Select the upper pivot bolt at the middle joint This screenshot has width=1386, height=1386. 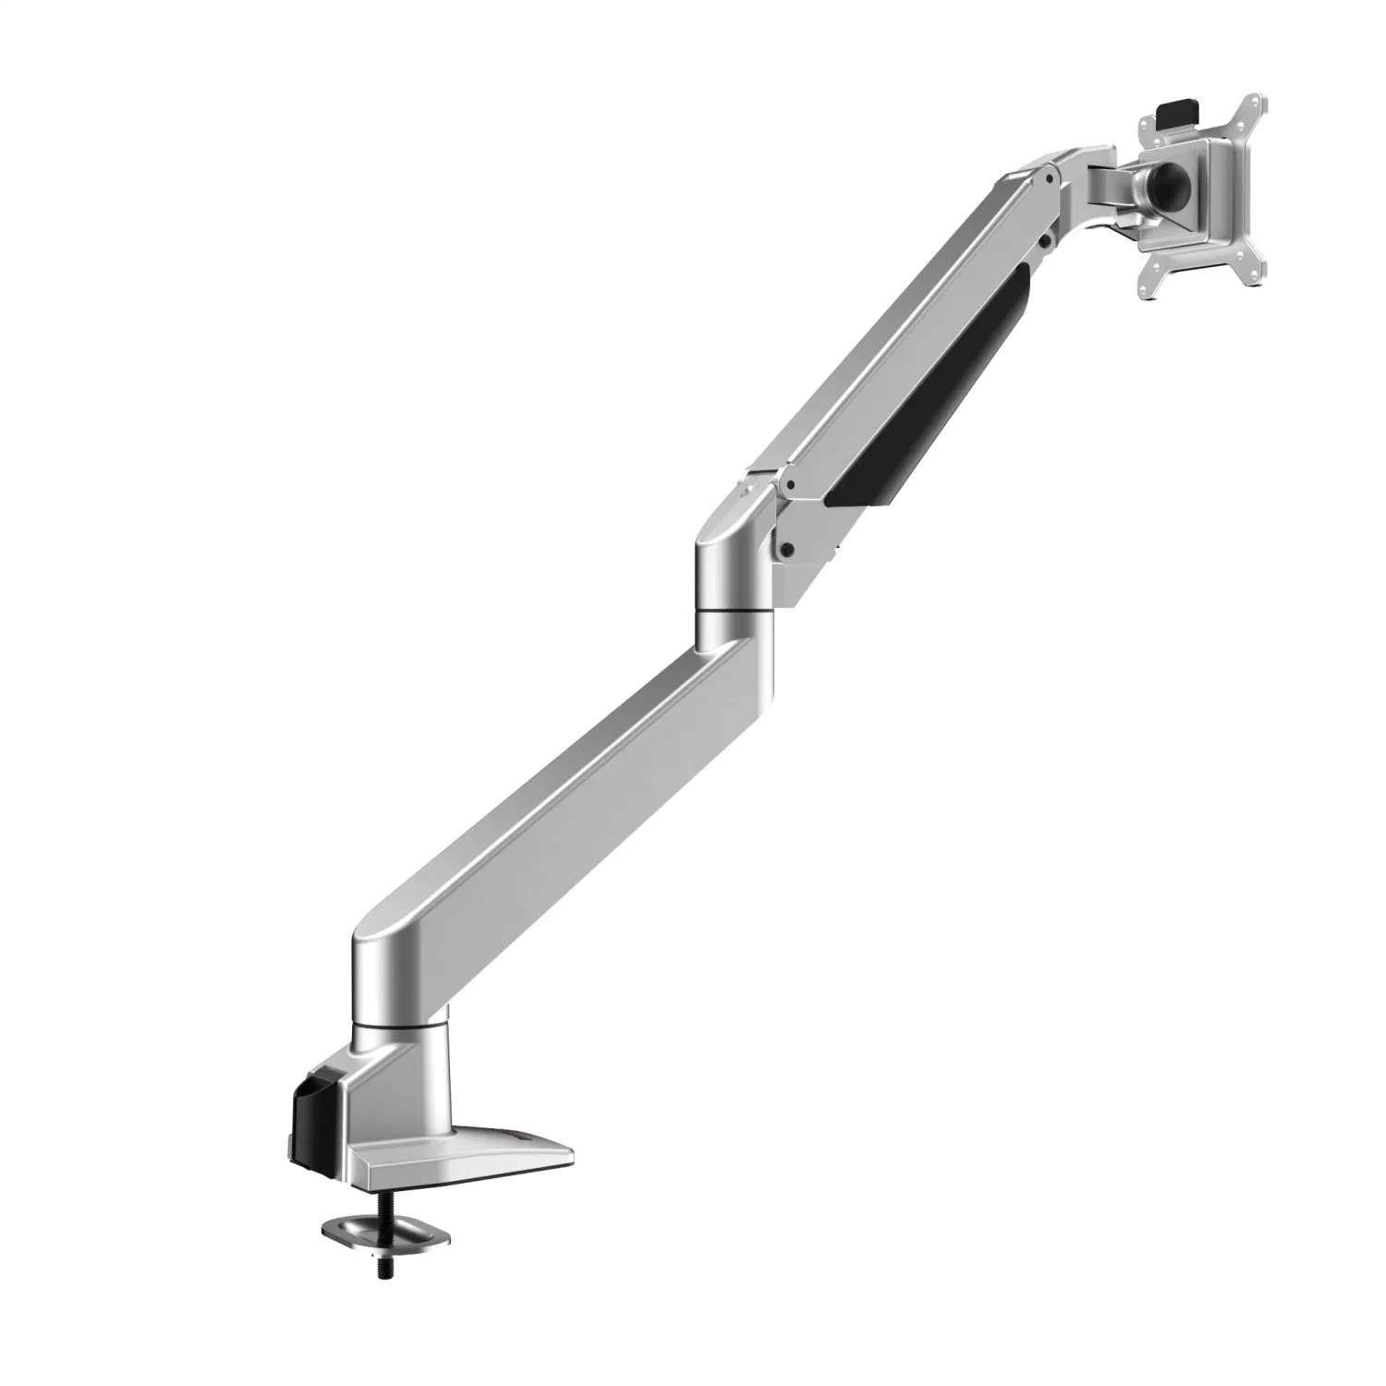click(787, 483)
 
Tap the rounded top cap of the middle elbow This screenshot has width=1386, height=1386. click(730, 527)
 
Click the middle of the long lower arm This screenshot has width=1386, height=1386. click(554, 785)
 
